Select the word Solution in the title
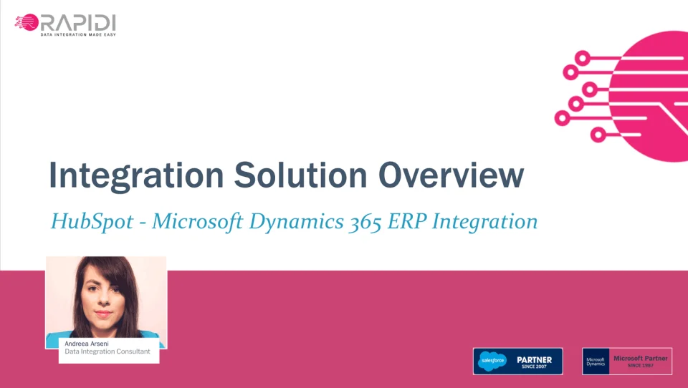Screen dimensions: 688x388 coord(300,175)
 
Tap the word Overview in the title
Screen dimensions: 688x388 coord(451,175)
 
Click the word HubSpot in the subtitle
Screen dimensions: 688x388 coord(92,221)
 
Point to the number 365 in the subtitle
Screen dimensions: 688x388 coord(365,222)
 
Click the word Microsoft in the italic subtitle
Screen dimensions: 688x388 coord(198,221)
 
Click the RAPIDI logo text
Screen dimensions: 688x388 coord(77,23)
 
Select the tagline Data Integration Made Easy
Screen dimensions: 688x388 coord(78,34)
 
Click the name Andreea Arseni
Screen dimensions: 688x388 coord(87,344)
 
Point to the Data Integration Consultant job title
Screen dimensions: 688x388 coord(107,351)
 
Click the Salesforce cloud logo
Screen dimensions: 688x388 coord(492,361)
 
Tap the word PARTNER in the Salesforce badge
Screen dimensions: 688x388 coord(535,359)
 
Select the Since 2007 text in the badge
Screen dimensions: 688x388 coord(534,367)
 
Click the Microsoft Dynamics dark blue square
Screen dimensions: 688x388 coord(596,362)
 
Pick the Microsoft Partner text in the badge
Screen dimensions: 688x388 coord(641,358)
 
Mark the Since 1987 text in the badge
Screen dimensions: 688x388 coord(641,365)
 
